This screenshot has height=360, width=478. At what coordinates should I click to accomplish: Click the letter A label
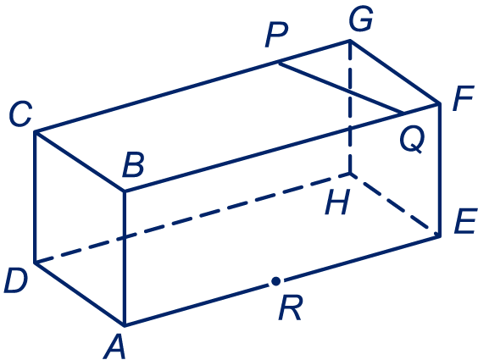(x=115, y=346)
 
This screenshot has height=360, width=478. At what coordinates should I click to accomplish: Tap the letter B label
(x=133, y=165)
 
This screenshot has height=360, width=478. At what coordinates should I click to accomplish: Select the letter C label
(x=20, y=114)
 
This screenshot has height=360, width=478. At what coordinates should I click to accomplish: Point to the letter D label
(x=15, y=281)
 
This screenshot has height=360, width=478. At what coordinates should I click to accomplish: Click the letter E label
(x=465, y=221)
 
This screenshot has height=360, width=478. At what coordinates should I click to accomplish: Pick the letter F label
(x=463, y=98)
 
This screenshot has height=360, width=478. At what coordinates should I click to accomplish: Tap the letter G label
(x=361, y=19)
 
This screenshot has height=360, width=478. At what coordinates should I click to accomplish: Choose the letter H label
(x=336, y=202)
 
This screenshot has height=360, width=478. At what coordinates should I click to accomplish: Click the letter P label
(x=276, y=36)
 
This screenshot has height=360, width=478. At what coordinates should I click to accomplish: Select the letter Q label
(x=412, y=140)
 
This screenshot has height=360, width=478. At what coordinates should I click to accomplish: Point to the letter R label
(x=291, y=307)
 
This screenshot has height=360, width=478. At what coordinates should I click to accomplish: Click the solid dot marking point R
(x=276, y=281)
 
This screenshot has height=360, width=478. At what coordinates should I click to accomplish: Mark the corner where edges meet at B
(x=125, y=191)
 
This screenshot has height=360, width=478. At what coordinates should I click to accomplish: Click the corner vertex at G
(x=350, y=40)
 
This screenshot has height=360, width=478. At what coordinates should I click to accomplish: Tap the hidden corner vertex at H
(x=351, y=174)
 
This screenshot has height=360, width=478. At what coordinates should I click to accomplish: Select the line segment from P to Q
(x=341, y=88)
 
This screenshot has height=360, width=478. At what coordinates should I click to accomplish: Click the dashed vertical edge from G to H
(x=350, y=107)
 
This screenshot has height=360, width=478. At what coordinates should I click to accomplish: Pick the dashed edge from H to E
(x=395, y=205)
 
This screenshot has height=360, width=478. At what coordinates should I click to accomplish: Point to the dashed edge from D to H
(x=192, y=218)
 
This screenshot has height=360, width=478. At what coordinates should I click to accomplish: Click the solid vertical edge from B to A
(x=125, y=258)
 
